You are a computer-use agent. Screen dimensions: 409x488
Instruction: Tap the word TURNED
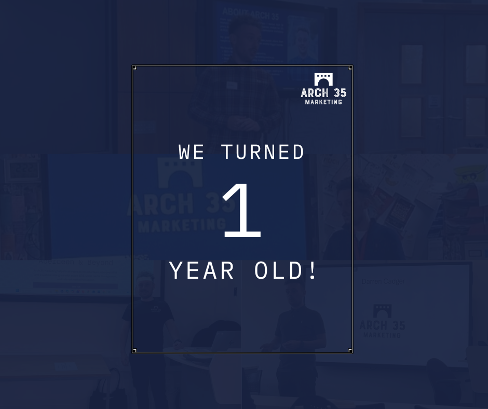[x=263, y=153]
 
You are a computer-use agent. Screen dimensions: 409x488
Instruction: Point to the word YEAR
[x=202, y=271]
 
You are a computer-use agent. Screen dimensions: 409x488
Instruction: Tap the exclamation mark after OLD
[x=313, y=271]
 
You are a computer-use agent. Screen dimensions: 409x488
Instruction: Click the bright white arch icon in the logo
[x=323, y=79]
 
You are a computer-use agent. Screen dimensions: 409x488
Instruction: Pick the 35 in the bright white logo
[x=340, y=93]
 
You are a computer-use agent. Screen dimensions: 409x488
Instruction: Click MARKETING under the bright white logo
[x=323, y=102]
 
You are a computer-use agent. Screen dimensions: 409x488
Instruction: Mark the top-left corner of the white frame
[x=133, y=66]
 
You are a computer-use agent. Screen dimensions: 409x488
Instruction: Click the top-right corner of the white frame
[x=351, y=66]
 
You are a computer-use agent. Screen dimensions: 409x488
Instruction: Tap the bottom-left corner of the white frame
[x=133, y=352]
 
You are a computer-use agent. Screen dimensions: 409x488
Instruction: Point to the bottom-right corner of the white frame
[x=351, y=352]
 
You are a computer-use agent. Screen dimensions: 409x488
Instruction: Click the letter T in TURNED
[x=227, y=153]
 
